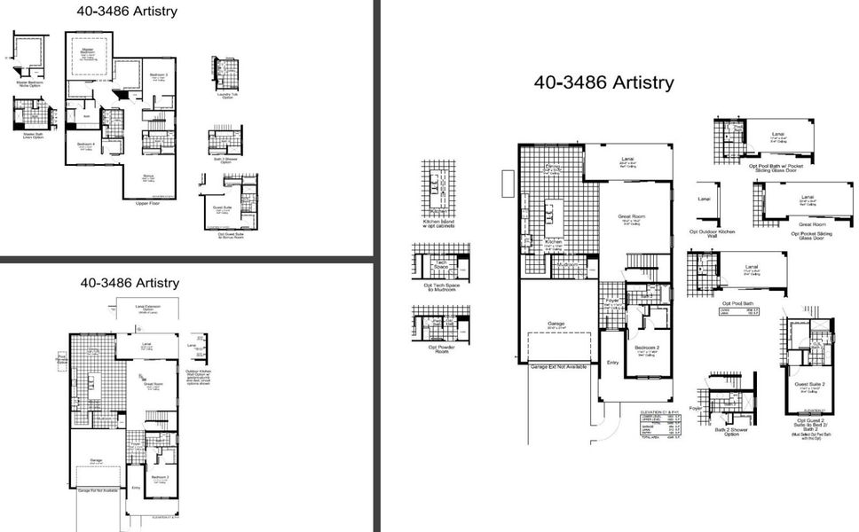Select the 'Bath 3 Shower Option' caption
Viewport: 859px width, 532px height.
(225, 161)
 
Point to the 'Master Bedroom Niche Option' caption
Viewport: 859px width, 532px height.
(28, 84)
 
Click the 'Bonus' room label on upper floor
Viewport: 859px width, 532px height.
(148, 176)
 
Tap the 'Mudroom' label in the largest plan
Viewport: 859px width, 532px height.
(567, 263)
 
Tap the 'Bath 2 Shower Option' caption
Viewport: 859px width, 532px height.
(725, 431)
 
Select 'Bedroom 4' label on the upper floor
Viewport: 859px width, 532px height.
(85, 144)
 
